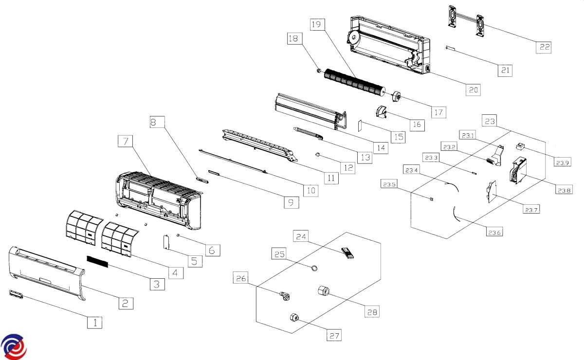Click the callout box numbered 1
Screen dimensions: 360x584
tap(95, 322)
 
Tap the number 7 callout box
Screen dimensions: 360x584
tap(126, 141)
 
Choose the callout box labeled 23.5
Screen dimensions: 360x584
tap(389, 184)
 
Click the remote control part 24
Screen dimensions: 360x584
tap(348, 253)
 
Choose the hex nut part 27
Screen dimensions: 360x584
tap(294, 317)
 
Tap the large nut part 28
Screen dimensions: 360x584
tap(323, 291)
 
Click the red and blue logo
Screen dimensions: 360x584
tap(13, 346)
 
